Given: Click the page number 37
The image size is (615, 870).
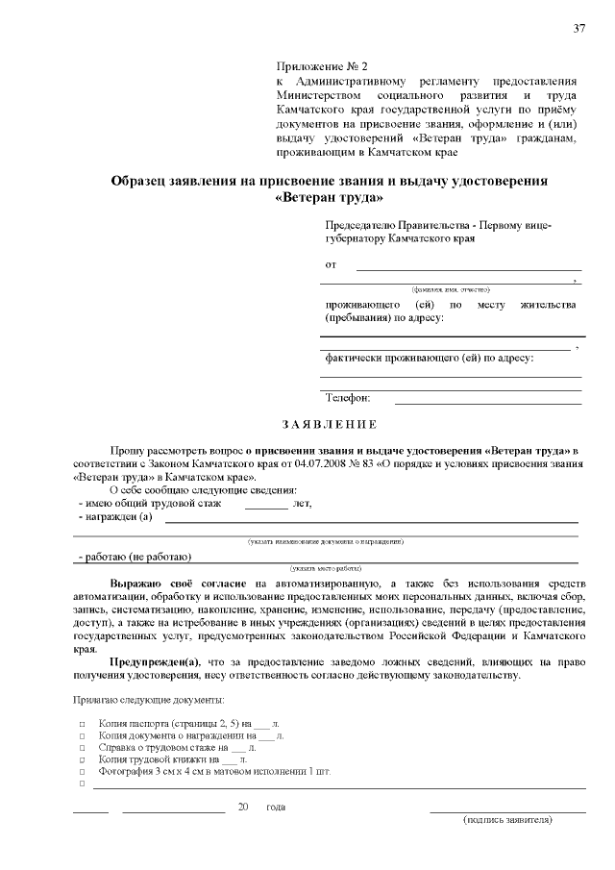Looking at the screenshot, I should tap(579, 27).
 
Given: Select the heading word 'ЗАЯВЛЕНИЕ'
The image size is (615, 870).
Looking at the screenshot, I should tap(330, 425).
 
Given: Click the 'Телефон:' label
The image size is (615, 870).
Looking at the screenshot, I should tap(347, 397).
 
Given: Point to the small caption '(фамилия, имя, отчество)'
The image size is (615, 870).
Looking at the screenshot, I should tap(451, 288).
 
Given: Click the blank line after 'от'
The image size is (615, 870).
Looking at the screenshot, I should tap(468, 265).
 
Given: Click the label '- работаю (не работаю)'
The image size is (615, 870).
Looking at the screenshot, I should tap(135, 557).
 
